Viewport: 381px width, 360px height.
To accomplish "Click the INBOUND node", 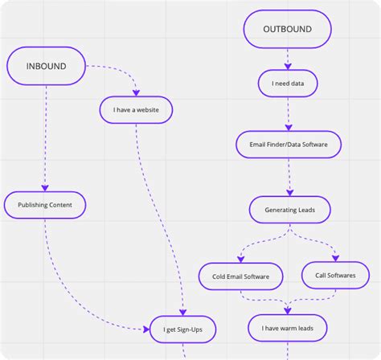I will pos(47,65).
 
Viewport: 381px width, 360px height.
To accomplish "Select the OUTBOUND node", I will pos(286,31).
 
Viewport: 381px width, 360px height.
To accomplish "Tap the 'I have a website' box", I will pos(137,109).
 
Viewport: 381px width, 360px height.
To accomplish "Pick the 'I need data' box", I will pos(287,83).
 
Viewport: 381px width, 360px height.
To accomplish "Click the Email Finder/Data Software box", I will pos(287,145).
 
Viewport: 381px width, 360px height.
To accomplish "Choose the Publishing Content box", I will pos(45,205).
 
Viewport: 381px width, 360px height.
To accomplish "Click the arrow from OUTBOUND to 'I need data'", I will pos(287,58).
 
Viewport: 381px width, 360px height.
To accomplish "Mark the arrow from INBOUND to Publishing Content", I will pos(45,137).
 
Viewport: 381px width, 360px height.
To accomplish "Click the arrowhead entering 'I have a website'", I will pos(137,94).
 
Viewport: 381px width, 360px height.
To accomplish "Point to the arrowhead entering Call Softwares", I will pos(334,260).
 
